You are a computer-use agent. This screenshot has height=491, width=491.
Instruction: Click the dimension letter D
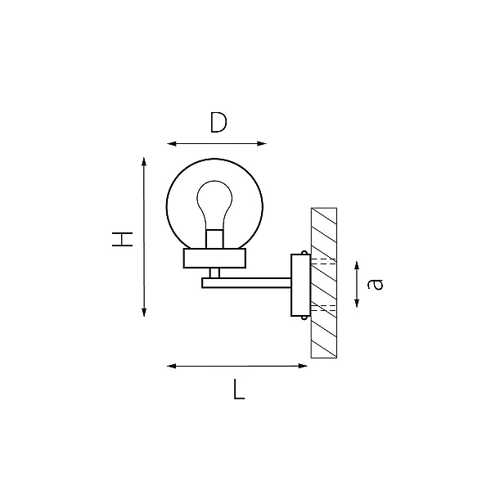(x=218, y=122)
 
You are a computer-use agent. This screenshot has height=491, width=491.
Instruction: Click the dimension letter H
(x=122, y=239)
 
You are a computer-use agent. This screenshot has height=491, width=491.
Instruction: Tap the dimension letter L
(x=239, y=390)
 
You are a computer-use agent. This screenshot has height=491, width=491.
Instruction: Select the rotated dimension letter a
(x=375, y=284)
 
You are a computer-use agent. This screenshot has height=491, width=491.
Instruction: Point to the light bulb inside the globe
(x=214, y=205)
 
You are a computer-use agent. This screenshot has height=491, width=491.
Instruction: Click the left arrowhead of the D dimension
(x=172, y=144)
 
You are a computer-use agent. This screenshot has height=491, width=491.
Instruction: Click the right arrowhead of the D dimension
(x=262, y=144)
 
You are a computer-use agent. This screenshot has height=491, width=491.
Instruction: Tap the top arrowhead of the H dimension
(x=144, y=161)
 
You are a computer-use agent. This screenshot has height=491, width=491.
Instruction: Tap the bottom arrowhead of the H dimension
(x=144, y=313)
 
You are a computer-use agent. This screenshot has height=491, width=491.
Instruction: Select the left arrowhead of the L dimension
(x=172, y=366)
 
